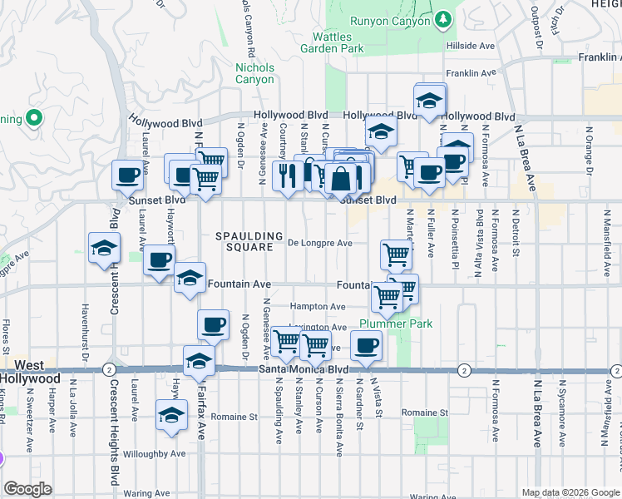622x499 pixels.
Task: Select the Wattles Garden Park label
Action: click(338, 43)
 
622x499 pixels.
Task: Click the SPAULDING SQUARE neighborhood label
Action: click(249, 241)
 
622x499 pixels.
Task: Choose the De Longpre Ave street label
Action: click(320, 243)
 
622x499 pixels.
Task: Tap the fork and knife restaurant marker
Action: click(288, 175)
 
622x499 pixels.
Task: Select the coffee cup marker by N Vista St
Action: click(365, 345)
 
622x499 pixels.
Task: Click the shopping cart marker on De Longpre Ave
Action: click(396, 253)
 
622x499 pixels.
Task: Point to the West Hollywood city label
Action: click(30, 372)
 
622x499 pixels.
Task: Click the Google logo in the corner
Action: click(27, 489)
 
